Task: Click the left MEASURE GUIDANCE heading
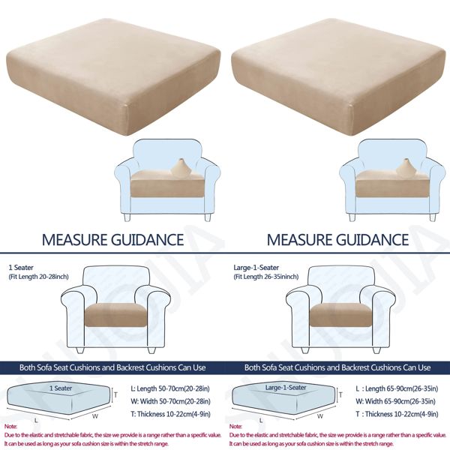(112, 240)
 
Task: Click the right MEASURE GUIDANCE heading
(337, 240)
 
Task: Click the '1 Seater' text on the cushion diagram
(62, 388)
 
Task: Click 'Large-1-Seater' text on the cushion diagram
(286, 388)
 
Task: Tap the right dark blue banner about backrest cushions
(337, 367)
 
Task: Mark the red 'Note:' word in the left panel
(11, 426)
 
